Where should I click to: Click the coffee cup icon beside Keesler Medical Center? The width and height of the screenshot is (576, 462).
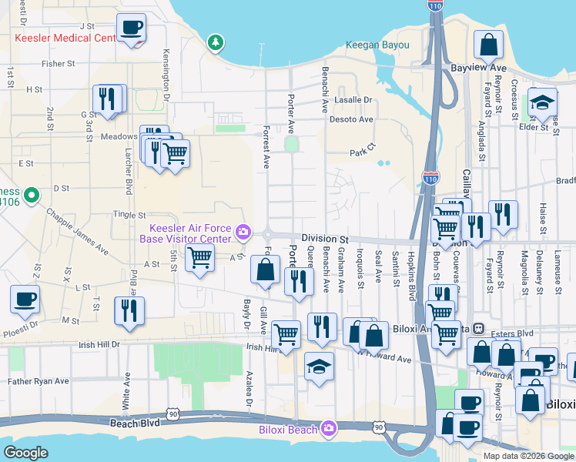pos(131,28)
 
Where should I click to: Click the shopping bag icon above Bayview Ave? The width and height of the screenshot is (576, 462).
pos(488,45)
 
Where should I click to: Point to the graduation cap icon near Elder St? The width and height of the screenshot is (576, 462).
pos(542,102)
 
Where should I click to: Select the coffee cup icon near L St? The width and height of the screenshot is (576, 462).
pos(25,298)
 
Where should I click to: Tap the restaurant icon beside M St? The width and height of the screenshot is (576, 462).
pos(129,310)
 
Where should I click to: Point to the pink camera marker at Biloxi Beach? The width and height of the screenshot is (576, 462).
pos(329,428)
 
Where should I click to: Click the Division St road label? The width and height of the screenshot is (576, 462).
pos(325,239)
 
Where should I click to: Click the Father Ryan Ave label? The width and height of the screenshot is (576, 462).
pos(39,381)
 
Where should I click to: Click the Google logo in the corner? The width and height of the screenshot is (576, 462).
pos(26,453)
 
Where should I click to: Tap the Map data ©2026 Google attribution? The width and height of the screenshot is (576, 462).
pos(527,456)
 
